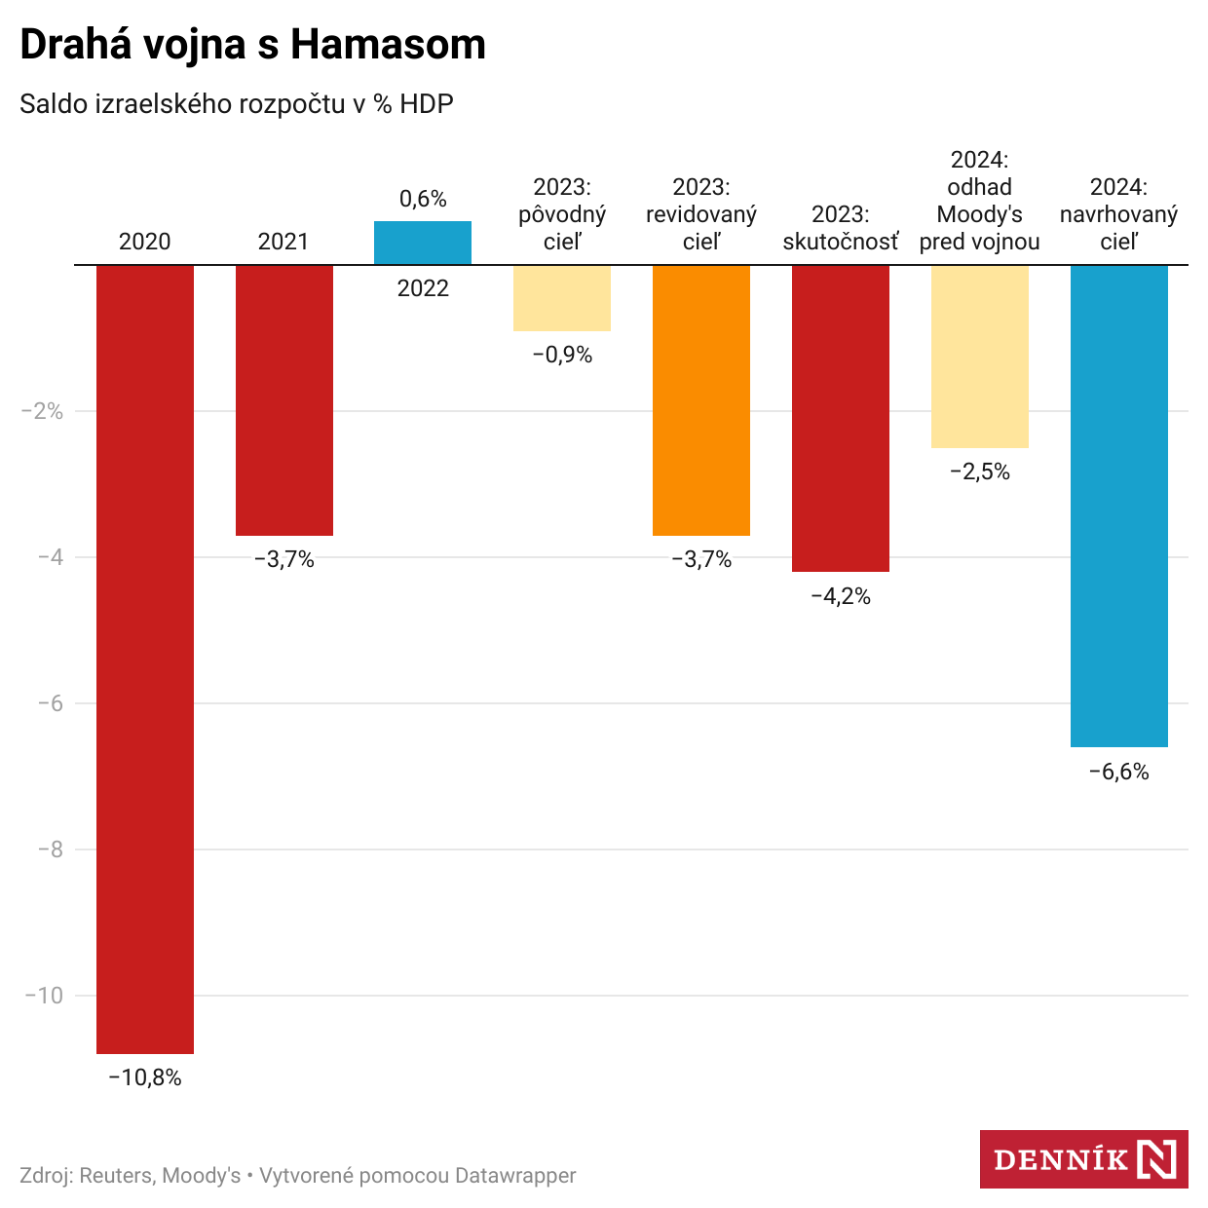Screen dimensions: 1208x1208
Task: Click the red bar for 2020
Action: (145, 659)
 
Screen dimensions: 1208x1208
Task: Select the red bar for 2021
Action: (284, 399)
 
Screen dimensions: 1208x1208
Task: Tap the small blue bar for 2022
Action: (423, 243)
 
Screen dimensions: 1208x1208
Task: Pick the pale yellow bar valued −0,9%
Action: (562, 298)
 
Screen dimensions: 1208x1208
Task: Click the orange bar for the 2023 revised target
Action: (701, 399)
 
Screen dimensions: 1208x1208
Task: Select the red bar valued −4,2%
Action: (841, 418)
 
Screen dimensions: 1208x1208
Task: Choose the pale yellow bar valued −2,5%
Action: (980, 357)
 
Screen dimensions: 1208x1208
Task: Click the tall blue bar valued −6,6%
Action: (1119, 506)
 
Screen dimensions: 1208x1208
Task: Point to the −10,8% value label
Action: (145, 1077)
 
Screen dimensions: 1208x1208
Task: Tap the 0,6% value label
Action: (423, 199)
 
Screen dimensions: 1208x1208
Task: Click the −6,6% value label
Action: (1119, 773)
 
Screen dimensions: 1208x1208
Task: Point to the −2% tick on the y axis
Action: (42, 411)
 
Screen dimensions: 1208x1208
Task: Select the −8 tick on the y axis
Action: (50, 849)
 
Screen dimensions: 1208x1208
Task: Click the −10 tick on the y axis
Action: (44, 996)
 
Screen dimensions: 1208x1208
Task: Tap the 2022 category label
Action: (423, 288)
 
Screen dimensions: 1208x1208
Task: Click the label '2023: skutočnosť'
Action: (841, 228)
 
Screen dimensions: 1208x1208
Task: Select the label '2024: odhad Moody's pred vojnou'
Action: (980, 201)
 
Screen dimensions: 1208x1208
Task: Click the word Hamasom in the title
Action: (389, 45)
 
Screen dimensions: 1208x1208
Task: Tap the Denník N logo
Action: (1083, 1159)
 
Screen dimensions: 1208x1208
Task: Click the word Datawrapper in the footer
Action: (515, 1176)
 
